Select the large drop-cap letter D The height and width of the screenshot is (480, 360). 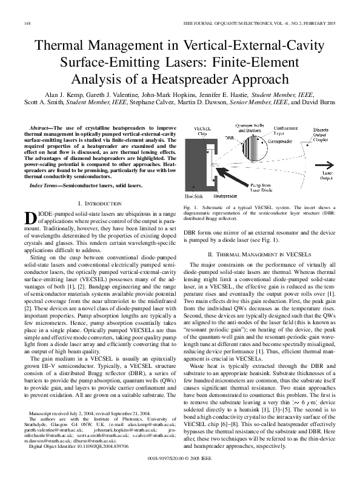(30, 219)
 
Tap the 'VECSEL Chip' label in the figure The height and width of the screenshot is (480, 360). (202, 133)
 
